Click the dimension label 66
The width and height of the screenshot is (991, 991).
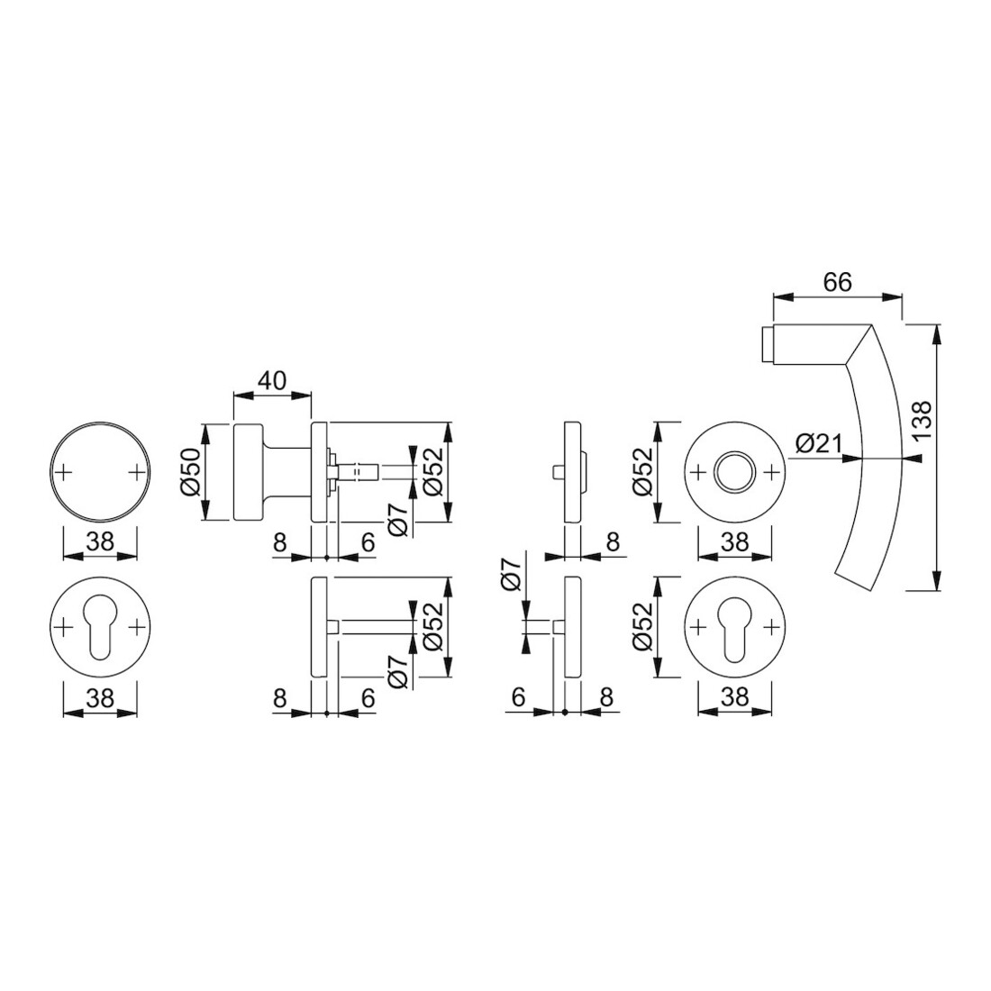838,282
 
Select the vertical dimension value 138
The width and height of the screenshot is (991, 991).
923,422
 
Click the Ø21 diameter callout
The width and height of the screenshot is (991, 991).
819,444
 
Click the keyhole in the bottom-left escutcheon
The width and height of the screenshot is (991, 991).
100,626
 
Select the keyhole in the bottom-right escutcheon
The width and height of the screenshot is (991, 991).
734,626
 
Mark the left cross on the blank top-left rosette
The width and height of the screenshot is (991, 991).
64,472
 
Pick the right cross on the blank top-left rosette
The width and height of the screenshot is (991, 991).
137,472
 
